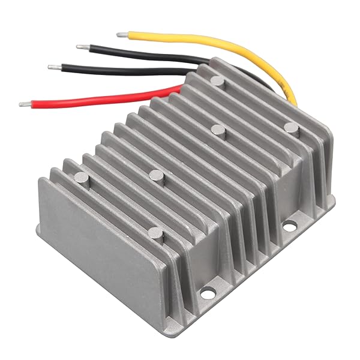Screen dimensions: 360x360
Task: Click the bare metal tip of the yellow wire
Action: (x=122, y=35)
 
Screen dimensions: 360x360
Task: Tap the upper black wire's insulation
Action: (x=138, y=53)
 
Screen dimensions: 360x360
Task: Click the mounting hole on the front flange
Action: (x=208, y=293)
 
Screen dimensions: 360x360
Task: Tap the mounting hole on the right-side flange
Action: (x=289, y=227)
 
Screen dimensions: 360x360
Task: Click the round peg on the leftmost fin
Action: (x=80, y=178)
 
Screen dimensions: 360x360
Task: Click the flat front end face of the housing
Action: (x=102, y=240)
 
